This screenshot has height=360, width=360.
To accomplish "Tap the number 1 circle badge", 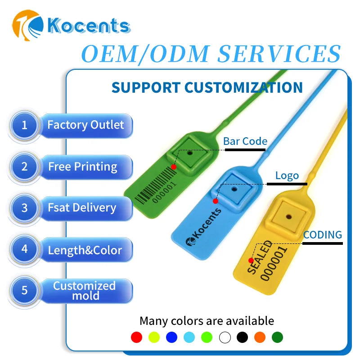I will pyautogui.click(x=24, y=125).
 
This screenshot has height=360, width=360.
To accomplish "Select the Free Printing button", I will pyautogui.click(x=83, y=167).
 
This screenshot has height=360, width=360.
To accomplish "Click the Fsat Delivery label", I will pyautogui.click(x=82, y=208).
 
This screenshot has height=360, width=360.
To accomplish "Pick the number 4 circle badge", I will pyautogui.click(x=24, y=249).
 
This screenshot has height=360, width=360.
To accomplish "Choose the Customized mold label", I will pyautogui.click(x=84, y=291).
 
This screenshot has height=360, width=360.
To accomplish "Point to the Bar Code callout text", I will pyautogui.click(x=245, y=141).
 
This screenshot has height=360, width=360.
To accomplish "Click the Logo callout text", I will pyautogui.click(x=287, y=175).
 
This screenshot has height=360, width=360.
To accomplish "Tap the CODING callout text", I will pyautogui.click(x=322, y=234).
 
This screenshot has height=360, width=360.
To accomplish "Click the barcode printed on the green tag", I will pyautogui.click(x=153, y=184).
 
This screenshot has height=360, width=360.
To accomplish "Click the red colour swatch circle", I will pyautogui.click(x=136, y=337).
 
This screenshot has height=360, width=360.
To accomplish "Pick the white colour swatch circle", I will pyautogui.click(x=225, y=337).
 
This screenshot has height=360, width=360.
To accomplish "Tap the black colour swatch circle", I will pyautogui.click(x=242, y=337).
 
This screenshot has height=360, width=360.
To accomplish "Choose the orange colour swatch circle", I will pyautogui.click(x=260, y=337).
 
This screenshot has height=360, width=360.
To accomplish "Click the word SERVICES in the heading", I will pyautogui.click(x=279, y=54).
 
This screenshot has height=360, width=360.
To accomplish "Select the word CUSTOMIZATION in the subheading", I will pyautogui.click(x=243, y=87).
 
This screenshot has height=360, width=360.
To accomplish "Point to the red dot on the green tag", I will pyautogui.click(x=174, y=167).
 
